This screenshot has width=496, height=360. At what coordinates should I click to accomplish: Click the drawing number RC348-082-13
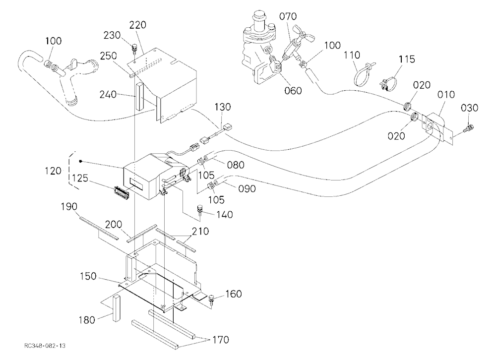(x=45, y=346)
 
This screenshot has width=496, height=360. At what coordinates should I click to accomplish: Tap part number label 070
(x=288, y=16)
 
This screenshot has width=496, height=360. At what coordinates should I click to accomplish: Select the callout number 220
(x=137, y=25)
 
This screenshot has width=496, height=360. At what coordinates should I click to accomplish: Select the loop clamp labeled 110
(x=363, y=75)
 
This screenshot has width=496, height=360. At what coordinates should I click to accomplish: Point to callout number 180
(x=87, y=320)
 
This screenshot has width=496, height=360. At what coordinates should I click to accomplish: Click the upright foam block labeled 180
(x=116, y=308)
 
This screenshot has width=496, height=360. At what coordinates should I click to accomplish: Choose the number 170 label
(x=221, y=340)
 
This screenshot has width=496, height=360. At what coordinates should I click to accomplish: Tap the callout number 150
(x=88, y=276)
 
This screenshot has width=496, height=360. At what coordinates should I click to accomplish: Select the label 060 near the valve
(x=293, y=90)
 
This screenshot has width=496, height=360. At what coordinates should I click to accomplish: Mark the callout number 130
(x=223, y=107)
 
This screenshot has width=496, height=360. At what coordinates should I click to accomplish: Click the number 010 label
(x=446, y=94)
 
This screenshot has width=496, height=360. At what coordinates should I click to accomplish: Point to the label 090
(x=247, y=188)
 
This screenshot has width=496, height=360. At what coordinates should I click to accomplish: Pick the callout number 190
(x=69, y=207)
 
